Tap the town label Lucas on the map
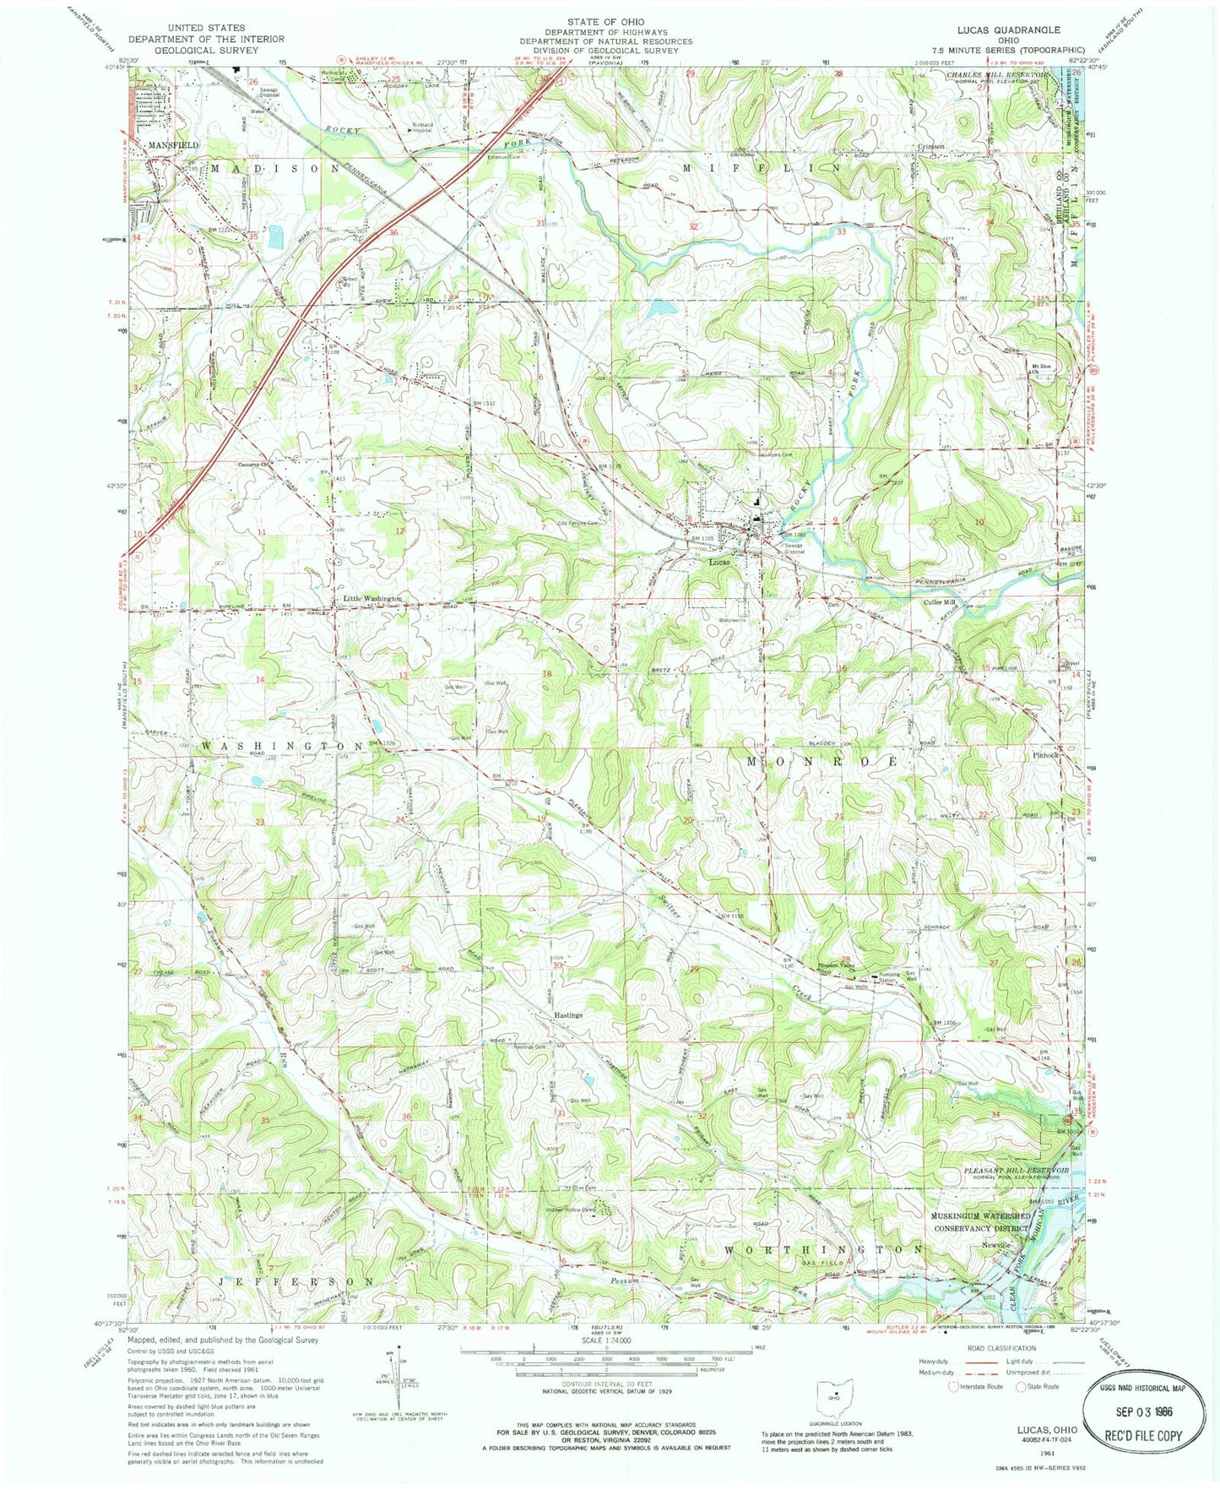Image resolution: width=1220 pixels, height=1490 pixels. tap(718, 562)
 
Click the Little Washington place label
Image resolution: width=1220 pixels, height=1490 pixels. tap(371, 599)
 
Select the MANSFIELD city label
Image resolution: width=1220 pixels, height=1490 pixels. tap(173, 145)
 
